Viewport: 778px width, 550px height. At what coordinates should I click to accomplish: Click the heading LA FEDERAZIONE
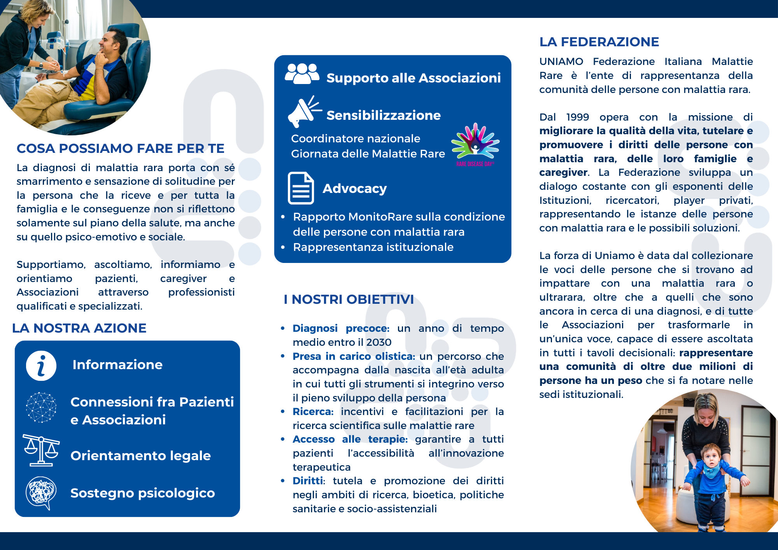[x=599, y=42]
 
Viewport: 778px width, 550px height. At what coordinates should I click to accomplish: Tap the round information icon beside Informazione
[x=41, y=366]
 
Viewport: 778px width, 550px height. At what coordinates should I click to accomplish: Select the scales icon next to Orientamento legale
[x=41, y=450]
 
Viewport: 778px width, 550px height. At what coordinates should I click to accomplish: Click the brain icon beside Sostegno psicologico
[x=40, y=492]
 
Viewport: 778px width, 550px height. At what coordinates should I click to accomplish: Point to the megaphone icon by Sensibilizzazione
[x=303, y=112]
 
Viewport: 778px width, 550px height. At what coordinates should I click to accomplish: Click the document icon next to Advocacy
[x=301, y=188]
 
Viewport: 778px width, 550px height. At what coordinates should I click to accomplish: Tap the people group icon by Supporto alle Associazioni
[x=302, y=74]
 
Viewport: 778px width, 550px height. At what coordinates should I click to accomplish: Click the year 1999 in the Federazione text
[x=577, y=117]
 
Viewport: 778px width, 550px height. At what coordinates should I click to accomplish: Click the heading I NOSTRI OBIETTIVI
[x=349, y=300]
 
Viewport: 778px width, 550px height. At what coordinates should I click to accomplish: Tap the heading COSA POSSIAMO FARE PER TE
[x=121, y=149]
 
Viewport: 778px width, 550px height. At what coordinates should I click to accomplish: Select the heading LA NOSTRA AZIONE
[x=79, y=328]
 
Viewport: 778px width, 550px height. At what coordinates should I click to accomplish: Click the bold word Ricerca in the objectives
[x=313, y=412]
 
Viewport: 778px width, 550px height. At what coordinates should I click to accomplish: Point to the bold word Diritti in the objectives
[x=308, y=481]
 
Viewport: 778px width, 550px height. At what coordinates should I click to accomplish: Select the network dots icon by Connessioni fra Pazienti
[x=41, y=407]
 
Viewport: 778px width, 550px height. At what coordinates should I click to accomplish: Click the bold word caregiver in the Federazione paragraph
[x=563, y=172]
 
